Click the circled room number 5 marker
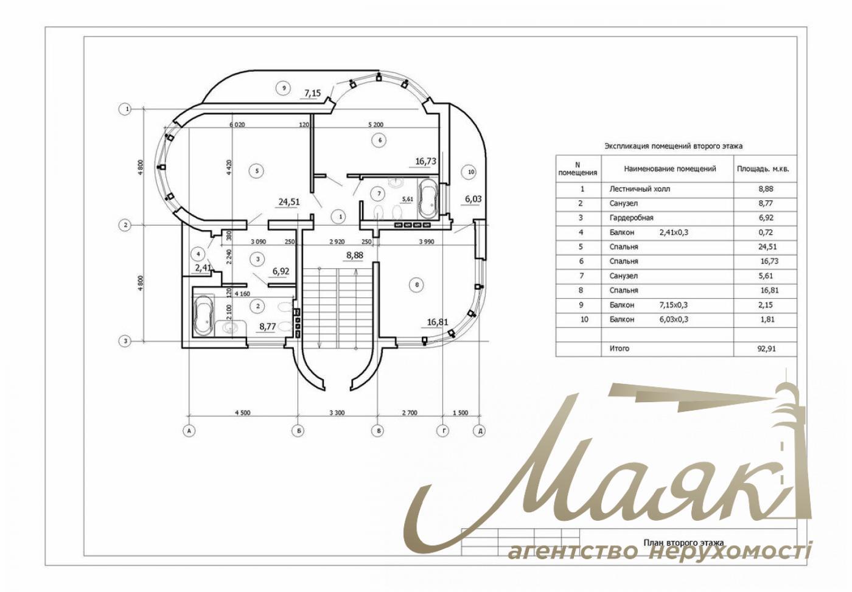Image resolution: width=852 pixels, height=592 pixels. (x=257, y=171)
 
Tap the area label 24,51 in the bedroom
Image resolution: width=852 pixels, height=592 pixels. (x=289, y=202)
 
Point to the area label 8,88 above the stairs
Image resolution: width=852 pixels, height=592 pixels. (x=354, y=256)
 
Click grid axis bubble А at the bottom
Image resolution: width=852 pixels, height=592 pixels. (x=188, y=431)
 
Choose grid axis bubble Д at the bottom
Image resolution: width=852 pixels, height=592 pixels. (x=480, y=431)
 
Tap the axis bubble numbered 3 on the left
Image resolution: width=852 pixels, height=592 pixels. (x=125, y=341)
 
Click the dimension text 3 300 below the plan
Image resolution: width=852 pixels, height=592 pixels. (x=337, y=413)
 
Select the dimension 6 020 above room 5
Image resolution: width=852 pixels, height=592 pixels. (x=237, y=124)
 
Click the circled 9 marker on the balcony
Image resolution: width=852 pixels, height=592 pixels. (x=284, y=88)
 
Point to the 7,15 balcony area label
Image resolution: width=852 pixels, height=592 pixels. (x=313, y=92)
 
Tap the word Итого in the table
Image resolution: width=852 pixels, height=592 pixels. (x=620, y=348)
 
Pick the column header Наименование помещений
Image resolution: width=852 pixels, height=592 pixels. (x=670, y=169)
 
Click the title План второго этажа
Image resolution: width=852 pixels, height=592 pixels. (x=683, y=543)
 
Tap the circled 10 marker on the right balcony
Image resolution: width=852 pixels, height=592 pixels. (x=471, y=172)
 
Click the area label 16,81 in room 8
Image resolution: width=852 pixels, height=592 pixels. (x=438, y=322)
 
